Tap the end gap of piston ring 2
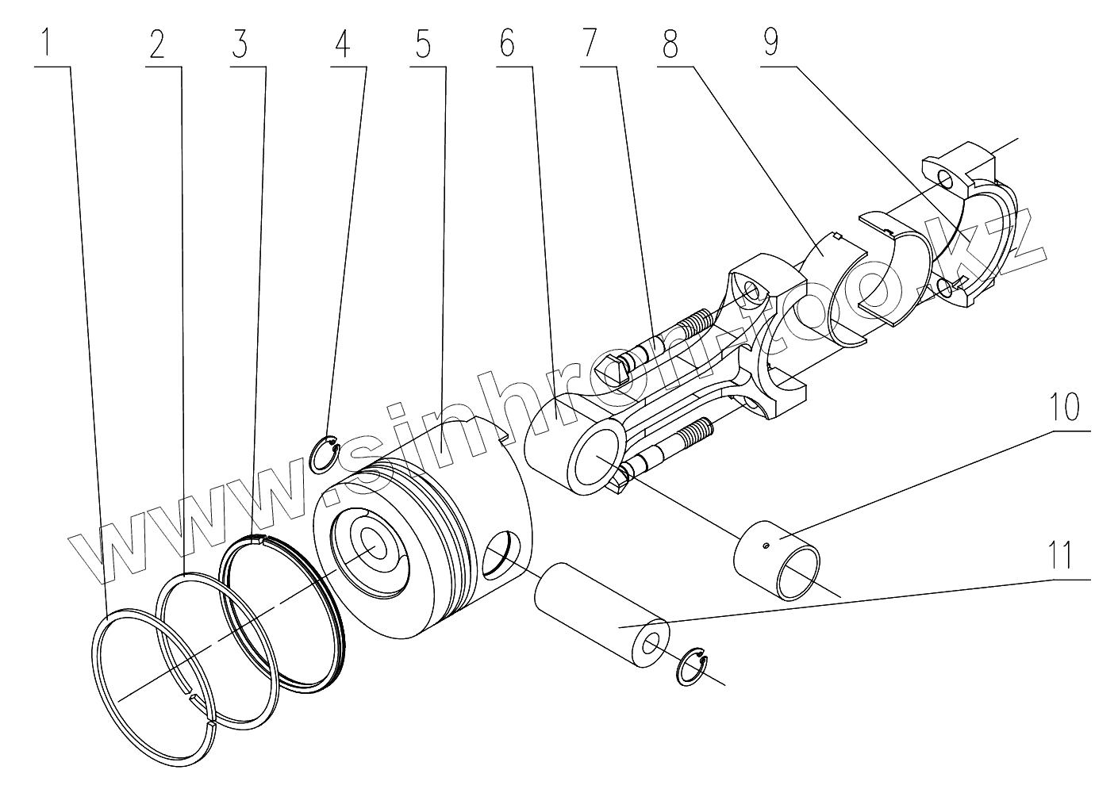[193, 697]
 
